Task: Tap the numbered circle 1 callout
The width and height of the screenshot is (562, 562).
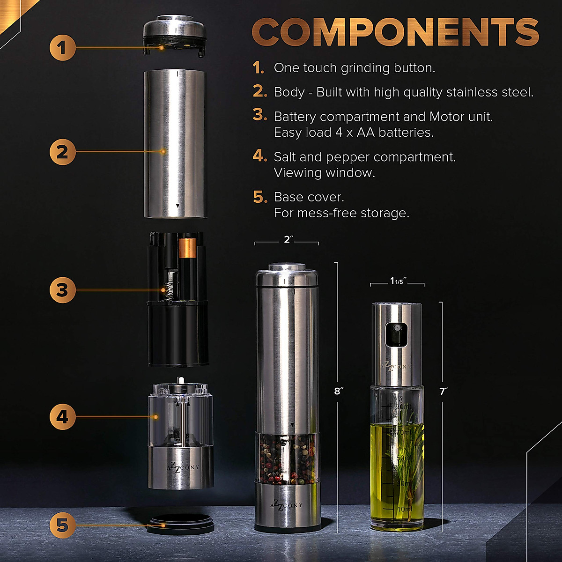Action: [63, 47]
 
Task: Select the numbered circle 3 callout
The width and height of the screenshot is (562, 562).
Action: [63, 290]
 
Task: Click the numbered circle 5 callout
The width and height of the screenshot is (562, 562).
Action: [63, 525]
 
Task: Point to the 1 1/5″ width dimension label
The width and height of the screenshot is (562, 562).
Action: [398, 281]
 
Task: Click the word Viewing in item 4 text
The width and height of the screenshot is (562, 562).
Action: [299, 173]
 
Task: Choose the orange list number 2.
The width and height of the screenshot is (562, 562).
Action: [260, 92]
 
